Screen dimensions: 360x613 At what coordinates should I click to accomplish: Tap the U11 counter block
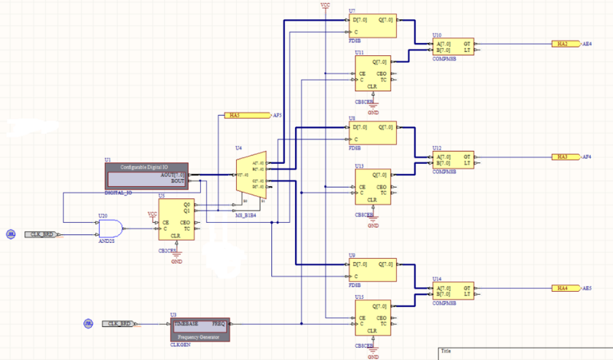click(372, 74)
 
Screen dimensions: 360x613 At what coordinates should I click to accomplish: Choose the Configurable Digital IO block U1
click(146, 175)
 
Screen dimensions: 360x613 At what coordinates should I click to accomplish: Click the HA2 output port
click(563, 44)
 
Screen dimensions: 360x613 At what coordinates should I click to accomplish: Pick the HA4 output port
click(563, 288)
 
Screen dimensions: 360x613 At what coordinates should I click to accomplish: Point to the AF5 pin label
click(277, 116)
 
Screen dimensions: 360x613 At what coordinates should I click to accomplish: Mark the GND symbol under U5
click(176, 259)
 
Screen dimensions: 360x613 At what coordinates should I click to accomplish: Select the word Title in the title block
click(447, 352)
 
